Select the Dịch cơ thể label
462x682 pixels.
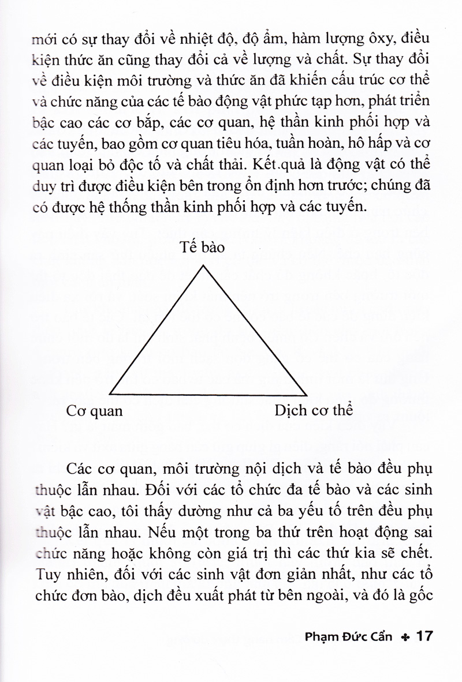(314, 411)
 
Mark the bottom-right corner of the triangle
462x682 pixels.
(305, 396)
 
